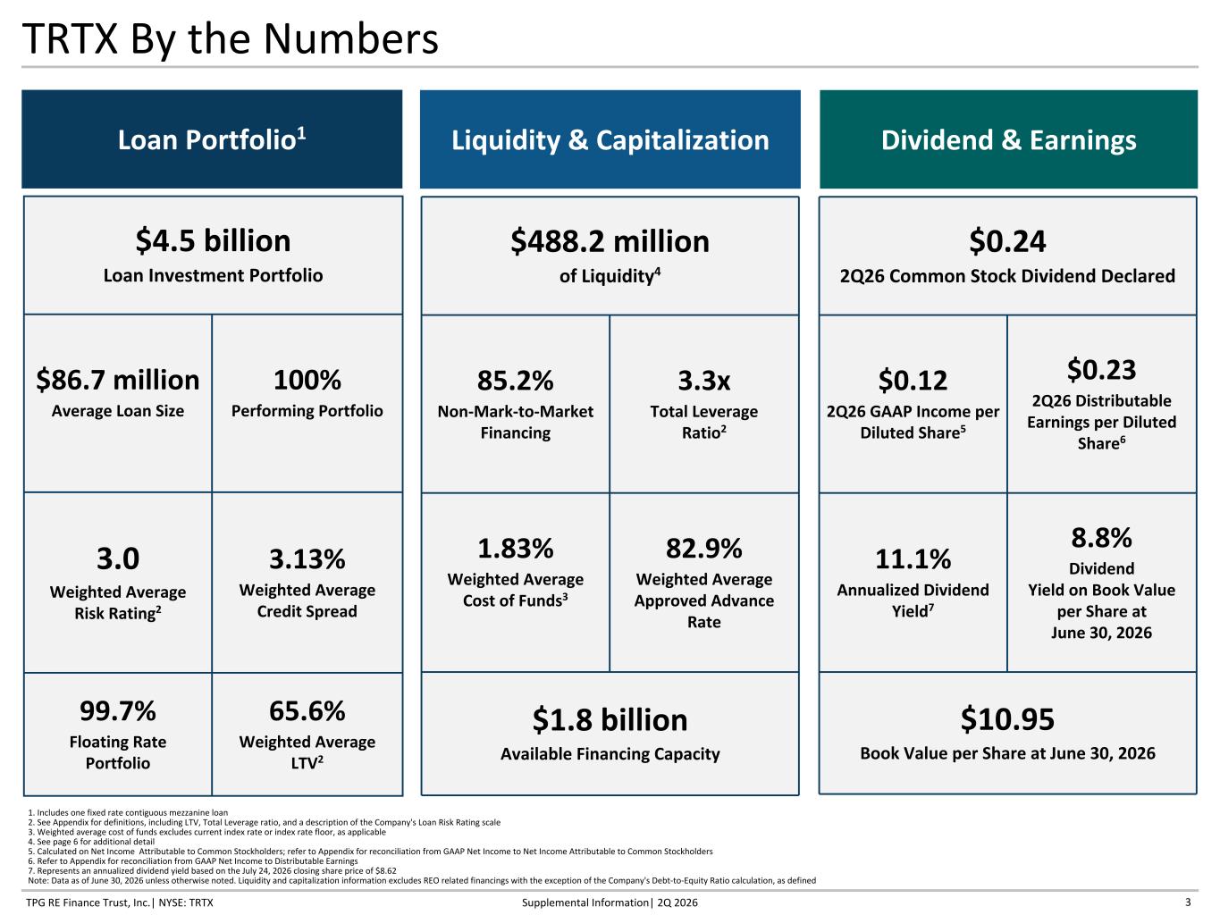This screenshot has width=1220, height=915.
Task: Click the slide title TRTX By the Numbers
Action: click(230, 40)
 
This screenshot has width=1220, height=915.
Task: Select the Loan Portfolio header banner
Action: click(212, 139)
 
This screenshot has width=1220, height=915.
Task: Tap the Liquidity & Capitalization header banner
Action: click(610, 139)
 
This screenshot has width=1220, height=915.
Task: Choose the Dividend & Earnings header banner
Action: click(1008, 139)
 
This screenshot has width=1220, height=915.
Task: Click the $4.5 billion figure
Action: click(213, 241)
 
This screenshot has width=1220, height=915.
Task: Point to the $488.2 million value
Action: click(610, 241)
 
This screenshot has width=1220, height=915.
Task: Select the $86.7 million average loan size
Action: click(118, 381)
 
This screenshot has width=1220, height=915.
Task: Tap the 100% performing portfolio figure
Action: click(307, 380)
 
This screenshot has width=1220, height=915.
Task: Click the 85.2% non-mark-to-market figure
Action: click(515, 381)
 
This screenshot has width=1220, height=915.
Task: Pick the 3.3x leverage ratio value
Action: click(704, 381)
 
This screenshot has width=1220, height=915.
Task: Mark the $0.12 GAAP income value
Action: click(913, 381)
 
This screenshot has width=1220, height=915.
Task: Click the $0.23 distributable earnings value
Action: click(1102, 370)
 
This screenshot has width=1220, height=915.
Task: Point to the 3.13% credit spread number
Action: click(307, 558)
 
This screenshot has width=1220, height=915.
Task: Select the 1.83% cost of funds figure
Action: click(515, 549)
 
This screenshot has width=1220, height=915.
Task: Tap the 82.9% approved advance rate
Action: click(704, 549)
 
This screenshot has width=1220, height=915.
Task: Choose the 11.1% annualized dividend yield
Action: click(913, 558)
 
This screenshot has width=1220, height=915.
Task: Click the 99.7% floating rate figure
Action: click(118, 711)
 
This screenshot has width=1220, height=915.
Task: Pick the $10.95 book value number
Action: click(1007, 719)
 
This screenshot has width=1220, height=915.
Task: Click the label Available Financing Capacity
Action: click(610, 754)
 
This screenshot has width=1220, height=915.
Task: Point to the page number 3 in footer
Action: click(1188, 902)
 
